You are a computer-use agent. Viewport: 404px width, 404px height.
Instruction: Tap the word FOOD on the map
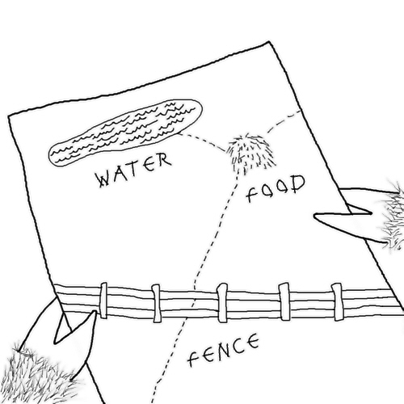tap(276, 188)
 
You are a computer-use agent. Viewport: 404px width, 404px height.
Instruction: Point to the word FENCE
tap(224, 350)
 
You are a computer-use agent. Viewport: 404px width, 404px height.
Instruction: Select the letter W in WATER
tap(103, 179)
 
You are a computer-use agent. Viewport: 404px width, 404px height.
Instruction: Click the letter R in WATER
tap(164, 160)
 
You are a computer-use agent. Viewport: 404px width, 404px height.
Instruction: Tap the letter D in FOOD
tap(298, 183)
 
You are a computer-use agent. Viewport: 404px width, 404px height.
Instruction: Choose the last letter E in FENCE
tap(252, 341)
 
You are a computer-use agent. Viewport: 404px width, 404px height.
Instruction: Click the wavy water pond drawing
tap(125, 133)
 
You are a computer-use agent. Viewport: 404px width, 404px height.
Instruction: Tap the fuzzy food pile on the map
tap(250, 152)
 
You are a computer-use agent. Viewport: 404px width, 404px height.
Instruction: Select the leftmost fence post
tap(103, 300)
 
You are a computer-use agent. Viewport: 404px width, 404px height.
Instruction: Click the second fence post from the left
tap(156, 303)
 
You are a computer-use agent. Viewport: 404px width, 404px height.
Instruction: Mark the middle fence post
tap(222, 302)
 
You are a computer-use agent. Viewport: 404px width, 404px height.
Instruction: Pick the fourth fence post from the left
tap(284, 301)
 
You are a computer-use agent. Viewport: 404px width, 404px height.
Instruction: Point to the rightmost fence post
tap(338, 301)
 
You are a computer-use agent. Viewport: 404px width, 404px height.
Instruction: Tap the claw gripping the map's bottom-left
tap(75, 327)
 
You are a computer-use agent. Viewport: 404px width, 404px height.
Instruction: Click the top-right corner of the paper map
tap(269, 41)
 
